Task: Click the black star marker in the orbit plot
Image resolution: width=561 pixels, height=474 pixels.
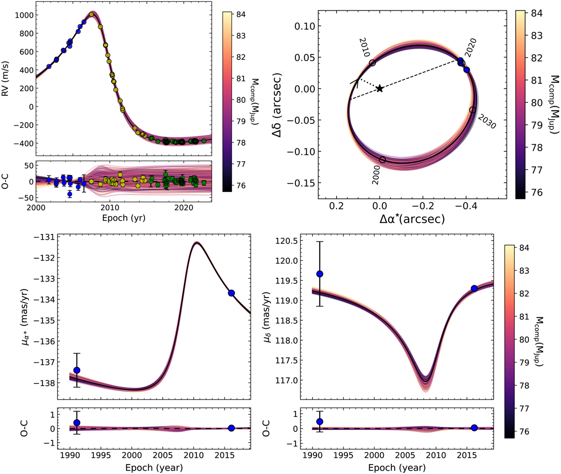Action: (380, 88)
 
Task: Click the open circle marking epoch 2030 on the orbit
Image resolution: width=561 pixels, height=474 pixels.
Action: (472, 110)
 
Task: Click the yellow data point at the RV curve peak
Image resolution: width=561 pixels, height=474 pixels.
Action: (92, 14)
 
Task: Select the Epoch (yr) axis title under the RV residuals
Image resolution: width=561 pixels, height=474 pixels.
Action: (124, 219)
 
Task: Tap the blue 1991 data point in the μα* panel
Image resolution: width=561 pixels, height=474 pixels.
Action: (77, 370)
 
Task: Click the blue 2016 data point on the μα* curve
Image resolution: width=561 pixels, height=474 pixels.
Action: (231, 293)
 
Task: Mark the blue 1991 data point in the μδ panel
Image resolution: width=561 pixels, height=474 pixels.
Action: (320, 274)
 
